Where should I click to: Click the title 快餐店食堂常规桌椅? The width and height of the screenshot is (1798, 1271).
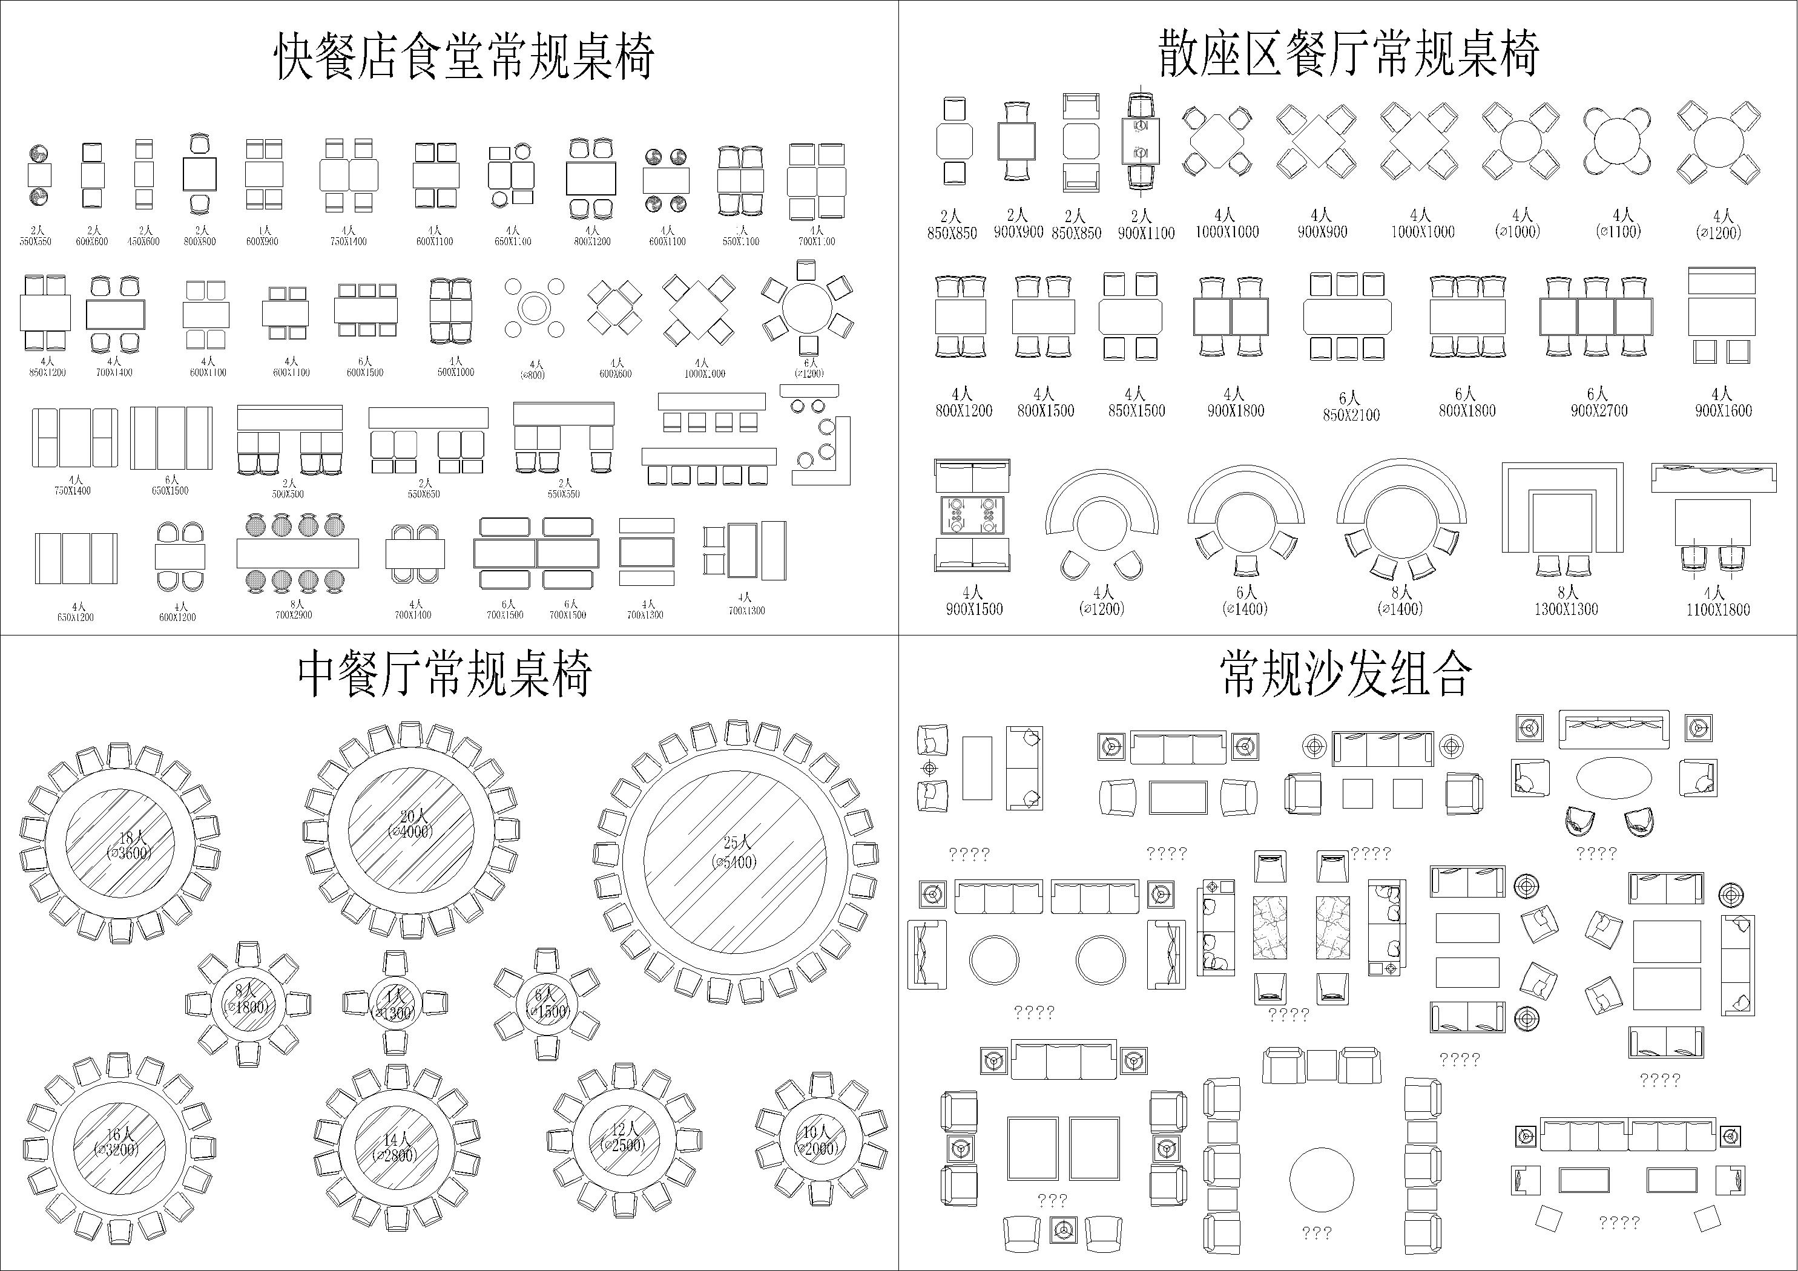click(x=464, y=56)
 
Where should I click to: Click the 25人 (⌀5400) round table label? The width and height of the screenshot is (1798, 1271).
click(x=734, y=853)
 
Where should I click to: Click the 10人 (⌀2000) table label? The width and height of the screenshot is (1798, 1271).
click(x=818, y=1141)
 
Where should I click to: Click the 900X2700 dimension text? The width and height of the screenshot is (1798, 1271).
click(x=1598, y=410)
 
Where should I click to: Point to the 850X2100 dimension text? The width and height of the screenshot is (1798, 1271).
click(x=1351, y=415)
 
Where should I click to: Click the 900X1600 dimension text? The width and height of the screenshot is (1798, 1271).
click(x=1723, y=410)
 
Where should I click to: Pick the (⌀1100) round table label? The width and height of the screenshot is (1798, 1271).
click(x=1618, y=232)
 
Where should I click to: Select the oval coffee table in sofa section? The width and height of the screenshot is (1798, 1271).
click(x=1614, y=778)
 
